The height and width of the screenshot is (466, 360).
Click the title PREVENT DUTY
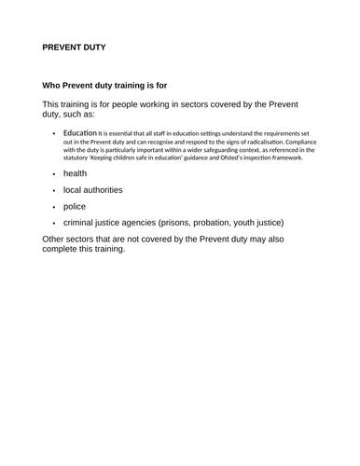tap(74, 46)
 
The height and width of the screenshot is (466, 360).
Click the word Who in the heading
tap(54, 85)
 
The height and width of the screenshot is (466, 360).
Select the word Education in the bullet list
tap(80, 132)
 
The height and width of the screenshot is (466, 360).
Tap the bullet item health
tap(76, 173)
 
